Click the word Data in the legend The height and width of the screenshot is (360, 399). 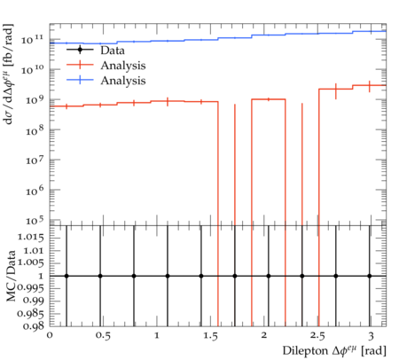(x=113, y=51)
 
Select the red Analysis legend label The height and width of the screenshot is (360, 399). (x=123, y=66)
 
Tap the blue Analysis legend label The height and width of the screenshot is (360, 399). (x=123, y=81)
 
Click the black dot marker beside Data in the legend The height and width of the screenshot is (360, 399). (x=80, y=50)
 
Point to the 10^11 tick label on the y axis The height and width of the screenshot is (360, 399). (x=32, y=39)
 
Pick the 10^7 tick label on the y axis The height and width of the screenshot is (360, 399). (x=35, y=160)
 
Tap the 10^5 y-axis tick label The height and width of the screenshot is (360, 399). (x=35, y=220)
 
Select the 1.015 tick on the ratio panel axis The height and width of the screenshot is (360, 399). (x=31, y=238)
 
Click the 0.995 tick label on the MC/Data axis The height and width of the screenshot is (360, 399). (x=31, y=287)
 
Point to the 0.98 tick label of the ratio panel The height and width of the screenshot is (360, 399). (x=33, y=325)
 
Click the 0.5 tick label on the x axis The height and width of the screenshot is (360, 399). (x=103, y=336)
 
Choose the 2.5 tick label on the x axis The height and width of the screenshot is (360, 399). (x=317, y=336)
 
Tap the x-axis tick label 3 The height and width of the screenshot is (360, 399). (x=371, y=336)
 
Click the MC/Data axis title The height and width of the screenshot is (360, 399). (x=11, y=276)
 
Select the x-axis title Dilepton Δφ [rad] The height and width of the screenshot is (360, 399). (x=334, y=350)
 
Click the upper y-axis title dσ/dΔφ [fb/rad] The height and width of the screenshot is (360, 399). (x=8, y=74)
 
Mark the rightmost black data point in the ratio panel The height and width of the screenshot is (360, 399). (x=370, y=276)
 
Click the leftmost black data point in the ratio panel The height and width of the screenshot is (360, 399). (x=66, y=276)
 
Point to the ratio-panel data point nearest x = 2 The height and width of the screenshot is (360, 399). (x=269, y=276)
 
